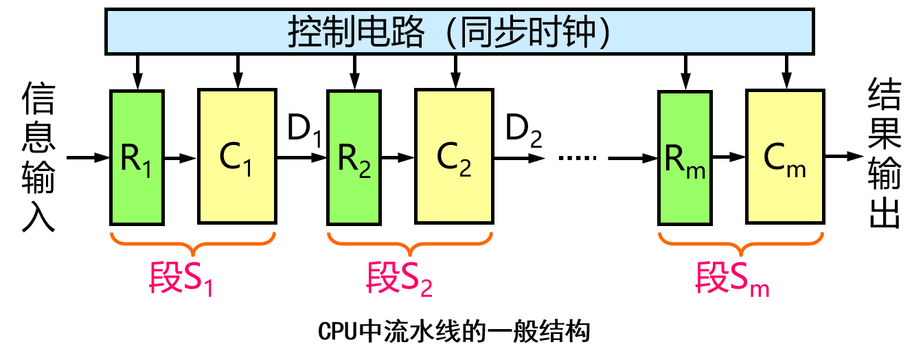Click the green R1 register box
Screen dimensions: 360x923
tap(137, 157)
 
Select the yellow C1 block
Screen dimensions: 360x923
tap(237, 157)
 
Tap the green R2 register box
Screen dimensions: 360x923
tap(354, 157)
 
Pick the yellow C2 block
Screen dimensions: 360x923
tap(454, 157)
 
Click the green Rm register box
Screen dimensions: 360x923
tap(684, 157)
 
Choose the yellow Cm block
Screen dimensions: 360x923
tap(785, 157)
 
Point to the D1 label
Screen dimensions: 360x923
tap(305, 128)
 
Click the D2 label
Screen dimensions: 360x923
tap(524, 128)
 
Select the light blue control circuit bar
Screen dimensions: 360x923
tap(459, 32)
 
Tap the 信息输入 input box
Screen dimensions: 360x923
tap(38, 165)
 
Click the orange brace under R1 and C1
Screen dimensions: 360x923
tap(193, 240)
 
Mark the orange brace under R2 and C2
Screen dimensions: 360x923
tap(410, 240)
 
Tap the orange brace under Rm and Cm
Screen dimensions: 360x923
tap(740, 240)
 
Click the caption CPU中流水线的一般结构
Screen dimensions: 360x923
tap(454, 332)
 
